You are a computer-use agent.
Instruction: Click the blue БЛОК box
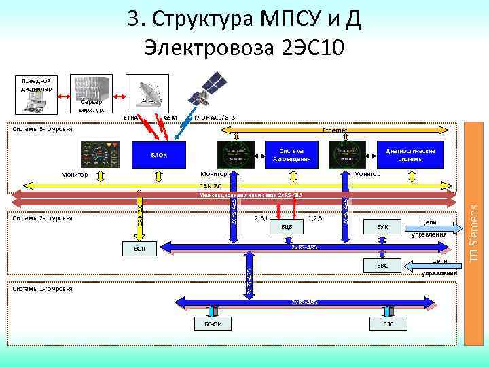tap(158, 155)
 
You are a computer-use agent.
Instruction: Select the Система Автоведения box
tap(291, 155)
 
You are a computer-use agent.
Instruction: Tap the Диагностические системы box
tap(410, 155)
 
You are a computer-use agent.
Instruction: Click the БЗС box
tap(388, 324)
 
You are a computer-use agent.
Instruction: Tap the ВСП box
tap(139, 249)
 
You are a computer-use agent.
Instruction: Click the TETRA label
tap(128, 118)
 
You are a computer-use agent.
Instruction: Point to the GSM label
tap(170, 118)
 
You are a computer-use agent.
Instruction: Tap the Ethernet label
tap(335, 129)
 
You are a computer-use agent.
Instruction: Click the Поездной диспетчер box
tap(29, 84)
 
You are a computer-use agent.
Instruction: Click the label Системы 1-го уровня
tap(43, 289)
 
